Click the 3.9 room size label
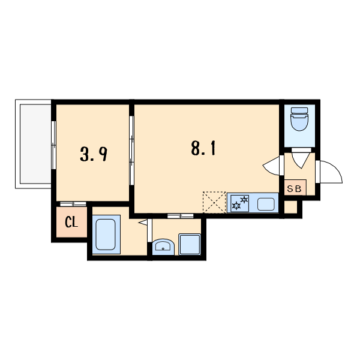(94, 154)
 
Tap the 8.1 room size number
(203, 148)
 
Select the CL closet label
(71, 222)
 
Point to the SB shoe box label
(295, 189)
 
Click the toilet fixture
(299, 119)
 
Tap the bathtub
(106, 235)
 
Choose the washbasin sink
(163, 247)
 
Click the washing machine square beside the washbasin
(190, 244)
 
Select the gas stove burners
(239, 203)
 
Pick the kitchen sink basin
(266, 204)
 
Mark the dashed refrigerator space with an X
(214, 202)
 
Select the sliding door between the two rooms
(131, 151)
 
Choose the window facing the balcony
(53, 145)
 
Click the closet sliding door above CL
(73, 204)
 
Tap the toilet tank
(299, 110)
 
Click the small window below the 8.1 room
(181, 216)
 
